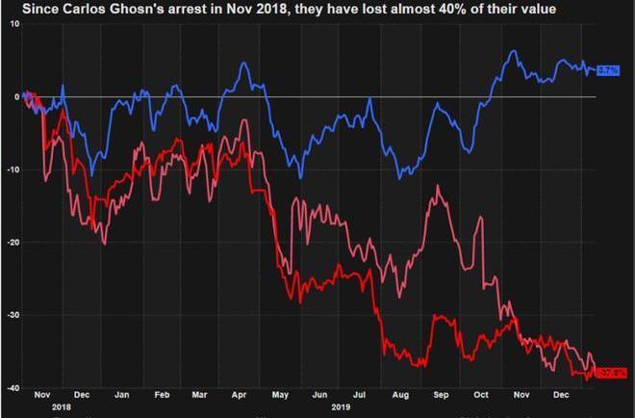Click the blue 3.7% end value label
click(607, 70)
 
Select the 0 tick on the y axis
click(16, 96)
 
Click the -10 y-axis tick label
click(13, 170)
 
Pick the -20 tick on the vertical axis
click(13, 243)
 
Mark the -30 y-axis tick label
click(13, 315)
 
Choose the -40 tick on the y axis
click(13, 388)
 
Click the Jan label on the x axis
click(122, 395)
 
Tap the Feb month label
click(162, 395)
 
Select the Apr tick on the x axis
click(240, 395)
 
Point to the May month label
click(280, 395)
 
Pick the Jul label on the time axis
click(360, 395)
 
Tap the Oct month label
click(481, 395)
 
